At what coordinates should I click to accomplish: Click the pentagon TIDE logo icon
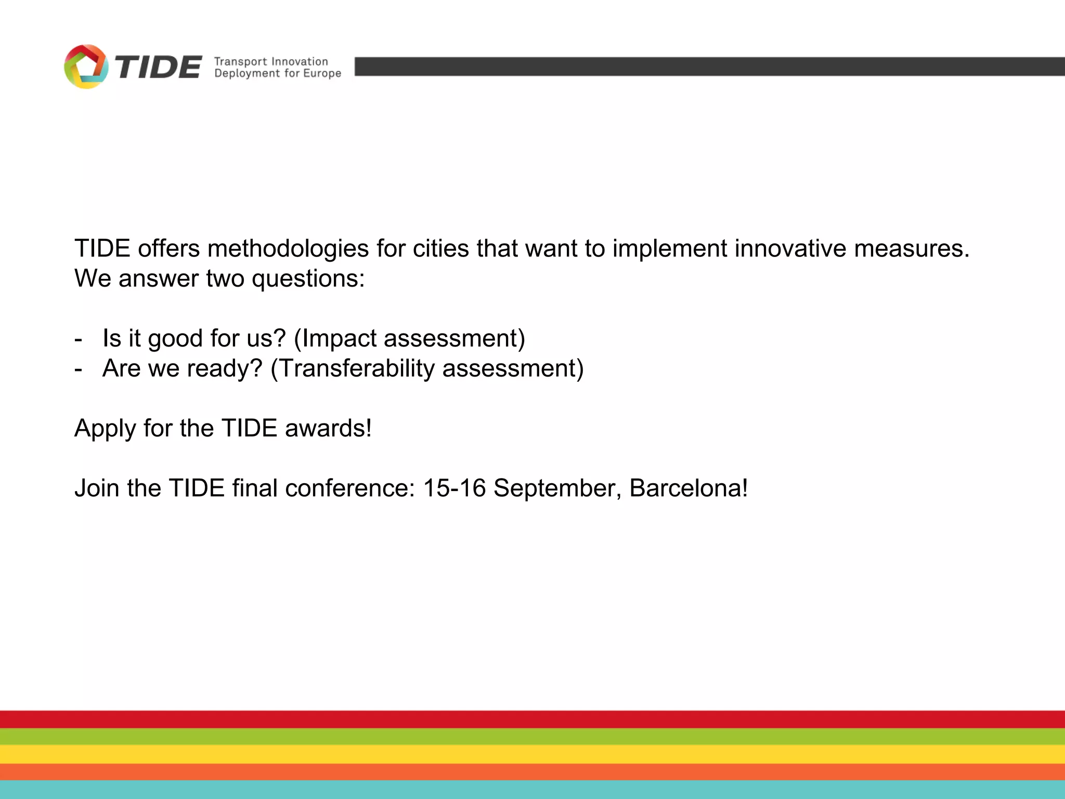pos(86,67)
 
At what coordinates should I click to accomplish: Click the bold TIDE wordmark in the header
pos(158,68)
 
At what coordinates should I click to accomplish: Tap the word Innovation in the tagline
pos(300,61)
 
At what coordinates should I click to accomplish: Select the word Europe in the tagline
pos(322,73)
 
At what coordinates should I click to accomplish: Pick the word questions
pos(308,279)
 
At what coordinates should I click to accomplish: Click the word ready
pos(224,369)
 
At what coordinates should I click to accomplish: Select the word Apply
pos(105,429)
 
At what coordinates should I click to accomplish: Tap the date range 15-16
pos(454,488)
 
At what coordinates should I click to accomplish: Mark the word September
pos(557,488)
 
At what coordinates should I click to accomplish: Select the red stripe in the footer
pos(532,719)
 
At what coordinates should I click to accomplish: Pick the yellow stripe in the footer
pos(532,754)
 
